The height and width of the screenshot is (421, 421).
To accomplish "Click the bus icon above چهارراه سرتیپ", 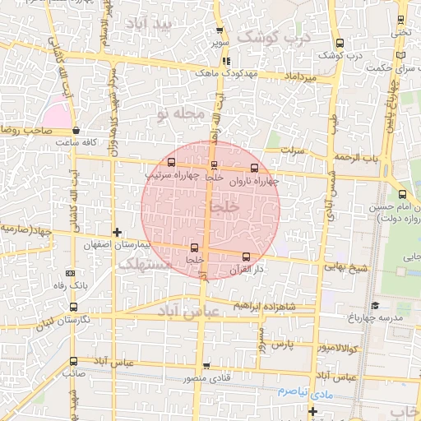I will tap(171, 162).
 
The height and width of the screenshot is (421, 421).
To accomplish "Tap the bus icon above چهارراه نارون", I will tap(253, 168).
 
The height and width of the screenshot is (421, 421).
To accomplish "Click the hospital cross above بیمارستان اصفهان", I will tap(117, 233).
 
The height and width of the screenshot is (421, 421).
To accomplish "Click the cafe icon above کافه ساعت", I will tap(76, 130).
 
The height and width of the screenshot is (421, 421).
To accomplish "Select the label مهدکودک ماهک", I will tap(227, 73).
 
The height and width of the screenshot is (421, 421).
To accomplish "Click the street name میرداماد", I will tap(299, 76).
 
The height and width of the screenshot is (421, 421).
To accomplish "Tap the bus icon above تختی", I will tap(400, 20).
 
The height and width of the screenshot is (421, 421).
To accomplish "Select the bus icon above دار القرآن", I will tap(247, 257).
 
